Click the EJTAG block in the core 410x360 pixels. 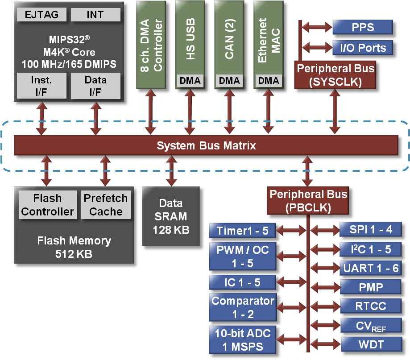pos(41,15)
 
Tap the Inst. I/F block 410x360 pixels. pos(41,86)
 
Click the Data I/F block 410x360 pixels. pos(95,86)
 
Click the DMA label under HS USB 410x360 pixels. pos(191,81)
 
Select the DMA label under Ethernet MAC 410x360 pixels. pos(269,81)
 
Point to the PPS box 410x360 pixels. pos(362,27)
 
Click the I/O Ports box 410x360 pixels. pos(362,47)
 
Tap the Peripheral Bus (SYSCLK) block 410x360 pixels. pos(335,75)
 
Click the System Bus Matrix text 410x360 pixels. pos(206,145)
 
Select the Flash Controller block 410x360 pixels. pos(47,205)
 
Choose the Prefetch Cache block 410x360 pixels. pos(106,205)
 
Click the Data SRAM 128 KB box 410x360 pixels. pos(171,216)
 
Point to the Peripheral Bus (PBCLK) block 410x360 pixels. pos(308,201)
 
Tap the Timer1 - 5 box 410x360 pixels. pos(242,231)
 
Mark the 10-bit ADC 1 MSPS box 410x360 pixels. pos(242,339)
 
